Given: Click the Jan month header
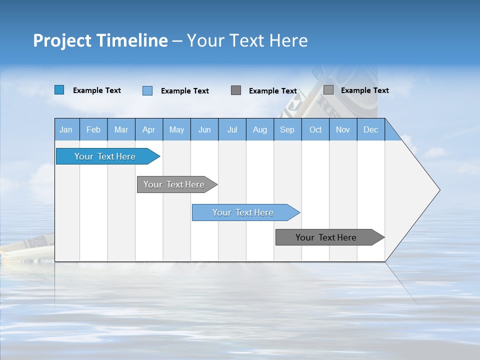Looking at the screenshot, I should tap(66, 129).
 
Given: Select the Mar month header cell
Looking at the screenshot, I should tap(121, 129).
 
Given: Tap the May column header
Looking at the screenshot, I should tap(176, 129).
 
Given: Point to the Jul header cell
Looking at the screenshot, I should tap(232, 129).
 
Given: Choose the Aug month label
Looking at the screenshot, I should tap(259, 129).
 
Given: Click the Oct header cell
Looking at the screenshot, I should tap(315, 129).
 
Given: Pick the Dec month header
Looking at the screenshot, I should tap(370, 129).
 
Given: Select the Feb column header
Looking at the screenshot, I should tap(93, 129).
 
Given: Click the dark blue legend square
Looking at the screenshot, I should tap(59, 90).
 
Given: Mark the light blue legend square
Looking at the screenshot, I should tap(147, 90).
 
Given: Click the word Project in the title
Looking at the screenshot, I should tap(63, 40).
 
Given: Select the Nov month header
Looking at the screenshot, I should tap(343, 129).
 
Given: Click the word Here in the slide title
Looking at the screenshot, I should tap(288, 40).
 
